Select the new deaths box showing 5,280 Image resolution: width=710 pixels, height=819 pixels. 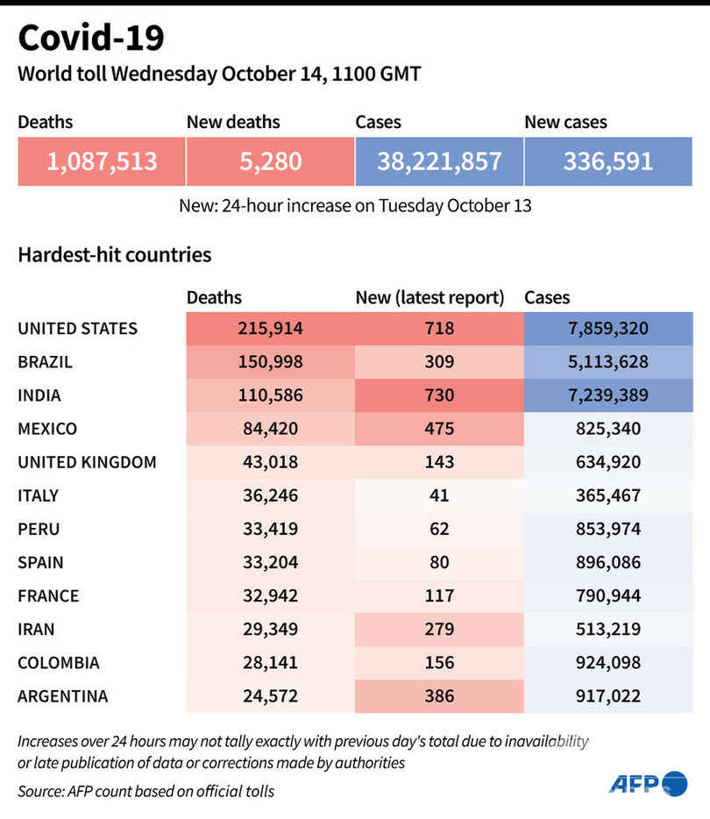point(270,161)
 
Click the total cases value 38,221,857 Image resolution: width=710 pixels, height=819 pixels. point(439,161)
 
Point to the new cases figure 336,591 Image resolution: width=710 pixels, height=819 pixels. point(608,161)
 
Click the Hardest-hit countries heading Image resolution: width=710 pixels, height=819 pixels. point(115,255)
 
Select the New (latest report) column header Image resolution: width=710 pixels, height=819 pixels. point(430,298)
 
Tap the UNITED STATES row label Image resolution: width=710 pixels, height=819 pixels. point(78,329)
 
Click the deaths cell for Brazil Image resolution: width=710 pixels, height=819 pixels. point(270,362)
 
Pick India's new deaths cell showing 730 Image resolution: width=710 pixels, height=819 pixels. point(438,395)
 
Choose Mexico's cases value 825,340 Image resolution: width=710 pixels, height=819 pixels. point(608,429)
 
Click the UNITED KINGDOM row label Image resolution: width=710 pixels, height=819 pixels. point(87,462)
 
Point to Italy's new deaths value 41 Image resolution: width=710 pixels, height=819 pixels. point(438,495)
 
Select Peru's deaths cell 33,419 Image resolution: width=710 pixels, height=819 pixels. point(270,529)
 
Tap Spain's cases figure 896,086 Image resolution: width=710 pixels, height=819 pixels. point(608,562)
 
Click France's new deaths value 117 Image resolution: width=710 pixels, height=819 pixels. point(438,595)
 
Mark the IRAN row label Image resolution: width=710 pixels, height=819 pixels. point(38,629)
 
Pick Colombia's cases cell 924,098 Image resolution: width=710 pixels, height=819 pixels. point(608,662)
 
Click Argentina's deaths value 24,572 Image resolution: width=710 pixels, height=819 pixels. point(270,696)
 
